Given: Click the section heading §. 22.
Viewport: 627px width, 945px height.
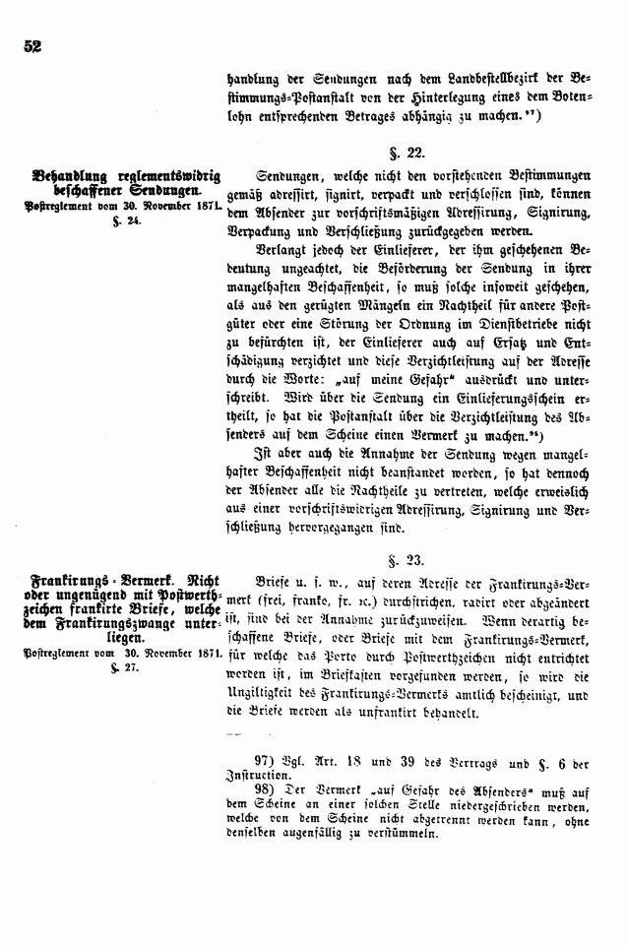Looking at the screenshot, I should click(409, 153).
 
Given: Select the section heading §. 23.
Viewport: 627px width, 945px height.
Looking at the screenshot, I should click(409, 559).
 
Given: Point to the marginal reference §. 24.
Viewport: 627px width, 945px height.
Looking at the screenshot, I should click(128, 221).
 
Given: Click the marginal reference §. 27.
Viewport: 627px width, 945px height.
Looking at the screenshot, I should click(128, 667).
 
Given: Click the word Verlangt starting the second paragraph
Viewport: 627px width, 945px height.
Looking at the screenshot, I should click(285, 251).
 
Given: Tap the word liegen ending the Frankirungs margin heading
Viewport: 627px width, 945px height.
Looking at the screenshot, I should click(114, 637).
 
